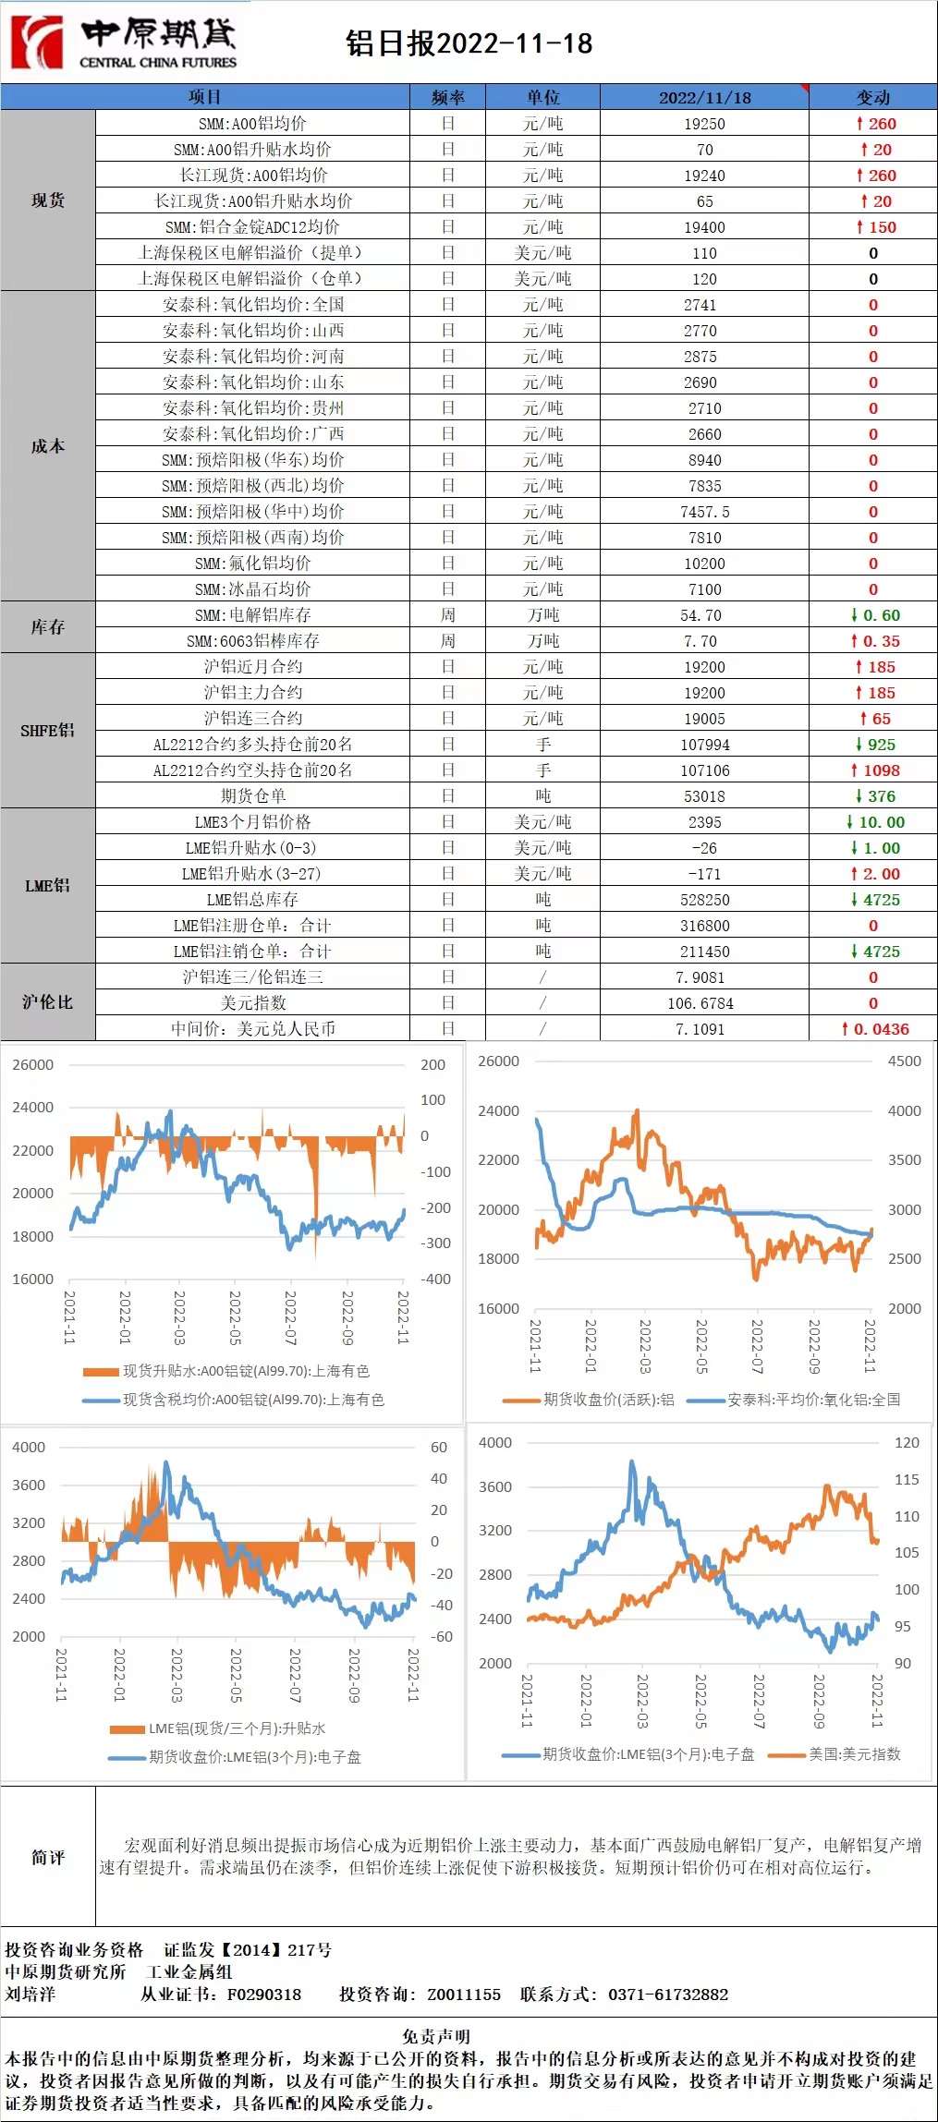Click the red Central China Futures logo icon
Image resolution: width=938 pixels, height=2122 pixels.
tap(37, 42)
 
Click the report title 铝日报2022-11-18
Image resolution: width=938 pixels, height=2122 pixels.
tap(469, 43)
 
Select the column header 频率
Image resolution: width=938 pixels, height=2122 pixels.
tap(447, 97)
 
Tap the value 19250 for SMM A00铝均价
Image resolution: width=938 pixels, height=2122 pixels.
tap(704, 124)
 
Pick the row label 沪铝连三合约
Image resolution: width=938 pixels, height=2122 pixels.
tap(252, 719)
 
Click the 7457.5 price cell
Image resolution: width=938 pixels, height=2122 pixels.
tap(704, 512)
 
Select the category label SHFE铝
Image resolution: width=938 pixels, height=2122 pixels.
tap(47, 731)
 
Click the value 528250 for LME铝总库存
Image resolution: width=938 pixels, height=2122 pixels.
tap(704, 900)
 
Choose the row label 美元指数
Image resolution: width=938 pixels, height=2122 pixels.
tap(252, 1003)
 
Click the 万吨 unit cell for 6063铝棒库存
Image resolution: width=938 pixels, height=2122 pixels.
tap(542, 641)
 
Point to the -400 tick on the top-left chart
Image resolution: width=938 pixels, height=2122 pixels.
tap(435, 1279)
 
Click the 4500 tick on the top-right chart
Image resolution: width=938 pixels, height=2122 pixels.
tap(904, 1061)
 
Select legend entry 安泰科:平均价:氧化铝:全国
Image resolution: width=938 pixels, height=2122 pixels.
tap(813, 1400)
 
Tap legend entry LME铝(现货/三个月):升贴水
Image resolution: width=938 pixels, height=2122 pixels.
tap(237, 1728)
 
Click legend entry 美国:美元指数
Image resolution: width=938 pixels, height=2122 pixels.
tap(854, 1753)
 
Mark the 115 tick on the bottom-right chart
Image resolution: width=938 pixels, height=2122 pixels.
tap(907, 1480)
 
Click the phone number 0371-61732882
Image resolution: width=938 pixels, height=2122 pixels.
tap(667, 1995)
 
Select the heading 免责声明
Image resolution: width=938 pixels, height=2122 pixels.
tap(435, 2036)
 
